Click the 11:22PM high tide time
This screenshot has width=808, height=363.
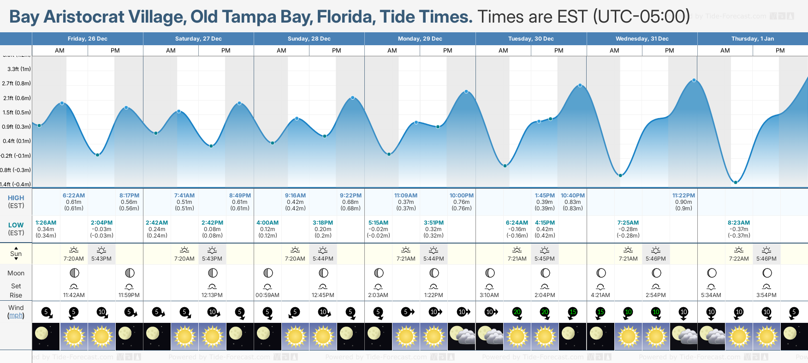pos(683,196)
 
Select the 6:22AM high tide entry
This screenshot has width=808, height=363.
pos(74,196)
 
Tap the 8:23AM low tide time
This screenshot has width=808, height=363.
pos(739,223)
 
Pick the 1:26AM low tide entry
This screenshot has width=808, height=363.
pos(46,223)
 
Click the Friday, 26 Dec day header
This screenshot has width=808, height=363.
pos(88,39)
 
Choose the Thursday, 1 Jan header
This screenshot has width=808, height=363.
pos(753,39)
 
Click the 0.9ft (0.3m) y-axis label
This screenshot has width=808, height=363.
pos(17,127)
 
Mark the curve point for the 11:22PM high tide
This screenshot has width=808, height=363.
pos(694,80)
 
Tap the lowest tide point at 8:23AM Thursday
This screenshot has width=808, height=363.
pos(736,182)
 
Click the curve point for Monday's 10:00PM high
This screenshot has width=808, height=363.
pos(466,92)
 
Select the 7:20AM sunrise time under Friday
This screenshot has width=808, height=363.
pos(74,259)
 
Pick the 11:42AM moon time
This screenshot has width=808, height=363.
pos(74,295)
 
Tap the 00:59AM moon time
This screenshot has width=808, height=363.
pos(267,295)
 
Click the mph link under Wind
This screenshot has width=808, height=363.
pos(16,315)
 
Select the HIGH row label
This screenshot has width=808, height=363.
pos(16,198)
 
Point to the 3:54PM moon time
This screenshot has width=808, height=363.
pos(766,295)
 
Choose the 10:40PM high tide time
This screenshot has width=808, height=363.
pos(573,196)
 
